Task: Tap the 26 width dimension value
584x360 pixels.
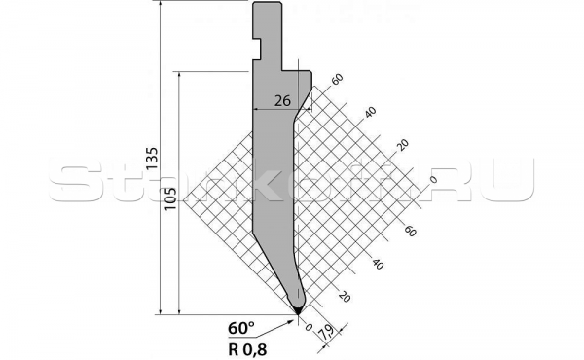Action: click(x=283, y=100)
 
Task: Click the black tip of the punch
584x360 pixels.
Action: click(x=298, y=310)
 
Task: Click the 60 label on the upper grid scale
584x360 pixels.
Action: click(x=338, y=79)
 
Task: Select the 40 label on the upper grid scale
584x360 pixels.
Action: click(x=370, y=112)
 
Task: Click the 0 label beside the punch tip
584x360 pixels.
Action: click(x=309, y=328)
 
